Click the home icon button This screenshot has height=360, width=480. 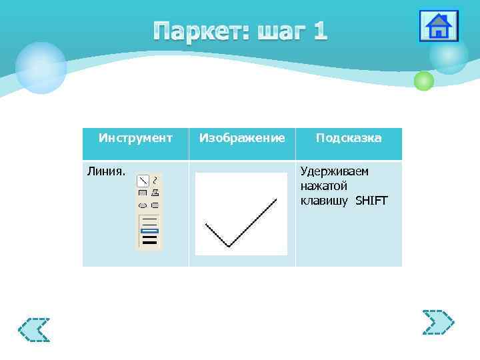[x=438, y=27]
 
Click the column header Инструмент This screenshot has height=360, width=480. [x=135, y=138]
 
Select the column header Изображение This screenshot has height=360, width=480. [x=242, y=138]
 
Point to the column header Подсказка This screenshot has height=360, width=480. [x=349, y=138]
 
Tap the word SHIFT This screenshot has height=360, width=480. [x=371, y=201]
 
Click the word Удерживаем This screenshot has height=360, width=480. [x=335, y=171]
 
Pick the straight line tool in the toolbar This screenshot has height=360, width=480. [x=143, y=181]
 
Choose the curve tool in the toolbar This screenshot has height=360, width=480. [x=155, y=181]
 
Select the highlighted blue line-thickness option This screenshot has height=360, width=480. [x=149, y=231]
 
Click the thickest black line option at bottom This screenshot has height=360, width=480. [x=149, y=242]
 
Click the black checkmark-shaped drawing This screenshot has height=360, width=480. [x=241, y=223]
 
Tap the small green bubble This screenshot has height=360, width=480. [x=423, y=81]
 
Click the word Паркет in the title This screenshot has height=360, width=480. [x=197, y=31]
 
